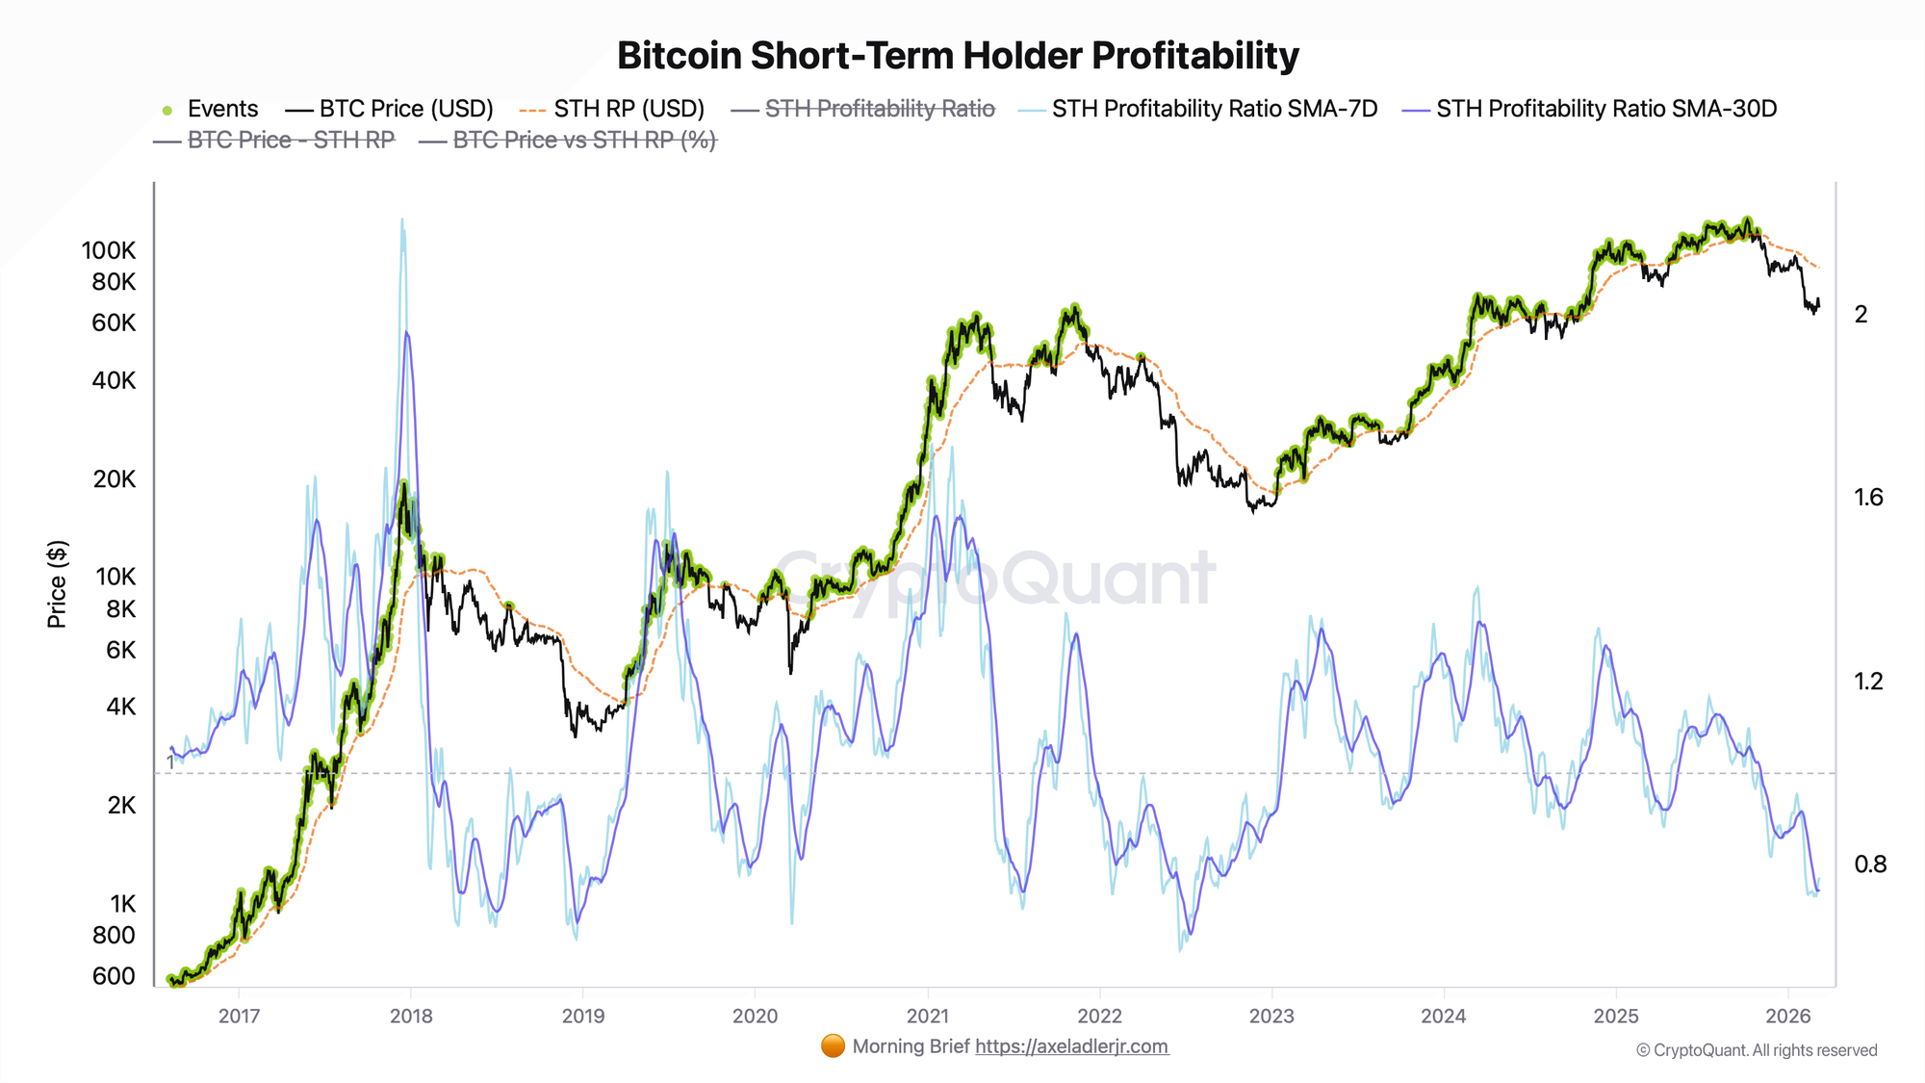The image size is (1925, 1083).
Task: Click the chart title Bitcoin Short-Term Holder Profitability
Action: click(958, 56)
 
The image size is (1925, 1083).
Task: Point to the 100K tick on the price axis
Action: click(109, 251)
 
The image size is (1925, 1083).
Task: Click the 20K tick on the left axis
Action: click(115, 479)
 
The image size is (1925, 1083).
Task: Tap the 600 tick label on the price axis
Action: click(114, 976)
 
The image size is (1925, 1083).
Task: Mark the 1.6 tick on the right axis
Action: click(1868, 498)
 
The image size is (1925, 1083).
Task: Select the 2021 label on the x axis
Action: click(927, 1017)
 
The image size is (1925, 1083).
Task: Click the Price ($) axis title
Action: click(58, 584)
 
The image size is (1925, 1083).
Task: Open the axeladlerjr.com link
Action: click(1071, 1046)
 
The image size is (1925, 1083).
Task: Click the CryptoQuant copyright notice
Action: click(1757, 1050)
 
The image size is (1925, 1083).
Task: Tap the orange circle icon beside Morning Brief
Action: click(833, 1046)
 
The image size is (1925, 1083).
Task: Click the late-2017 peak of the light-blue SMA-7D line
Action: click(402, 220)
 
